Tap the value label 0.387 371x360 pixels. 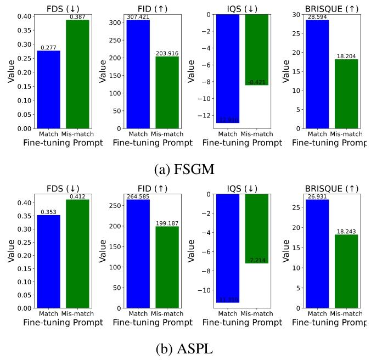coord(77,16)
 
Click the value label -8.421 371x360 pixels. coord(256,82)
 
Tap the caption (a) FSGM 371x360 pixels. coord(185,169)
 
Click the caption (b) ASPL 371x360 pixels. coord(185,348)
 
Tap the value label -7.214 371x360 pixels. coord(256,260)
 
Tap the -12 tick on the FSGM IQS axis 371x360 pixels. coord(205,116)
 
